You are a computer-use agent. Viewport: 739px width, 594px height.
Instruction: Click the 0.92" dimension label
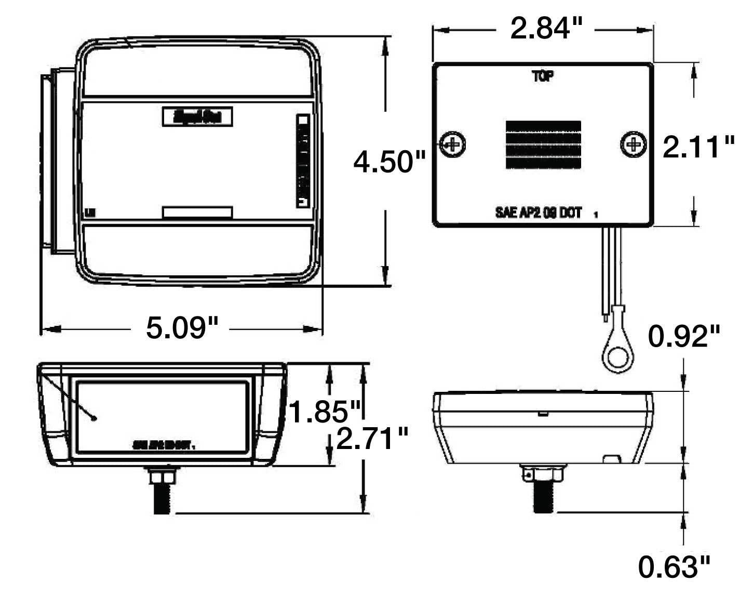point(684,337)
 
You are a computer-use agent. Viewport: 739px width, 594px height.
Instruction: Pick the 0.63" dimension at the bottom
point(674,567)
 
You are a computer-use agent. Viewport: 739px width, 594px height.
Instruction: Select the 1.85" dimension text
point(325,412)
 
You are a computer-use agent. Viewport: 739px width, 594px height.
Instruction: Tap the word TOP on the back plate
point(543,76)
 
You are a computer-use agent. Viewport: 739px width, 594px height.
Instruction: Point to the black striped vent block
point(543,144)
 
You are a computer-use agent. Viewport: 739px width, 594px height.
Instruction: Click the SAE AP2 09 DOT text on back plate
point(539,213)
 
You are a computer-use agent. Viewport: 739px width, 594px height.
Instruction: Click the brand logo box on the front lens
point(197,116)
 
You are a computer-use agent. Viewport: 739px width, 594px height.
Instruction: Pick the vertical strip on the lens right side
point(303,161)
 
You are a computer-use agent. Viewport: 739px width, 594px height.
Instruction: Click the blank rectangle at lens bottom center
point(197,212)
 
